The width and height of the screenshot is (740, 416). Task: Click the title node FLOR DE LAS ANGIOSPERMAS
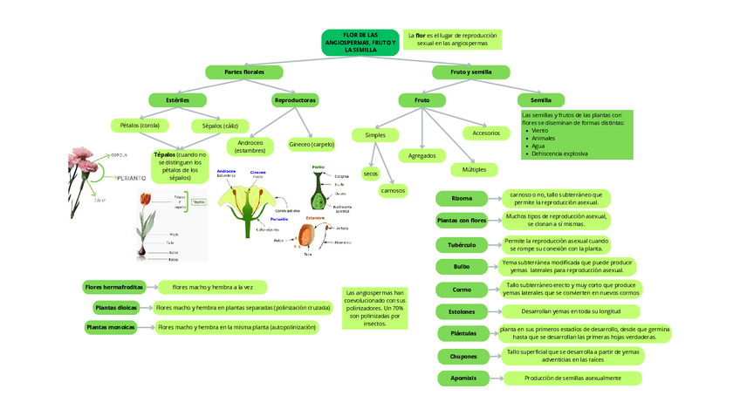coord(360,42)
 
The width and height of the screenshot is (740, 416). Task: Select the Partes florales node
coord(243,72)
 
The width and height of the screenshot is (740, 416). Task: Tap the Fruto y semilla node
coord(471,72)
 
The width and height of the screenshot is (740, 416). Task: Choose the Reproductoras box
coord(295,100)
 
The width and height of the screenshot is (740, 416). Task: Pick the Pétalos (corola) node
coord(140,126)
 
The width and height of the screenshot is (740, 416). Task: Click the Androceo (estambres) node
coord(250,146)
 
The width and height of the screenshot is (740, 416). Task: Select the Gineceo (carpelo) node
coord(311,144)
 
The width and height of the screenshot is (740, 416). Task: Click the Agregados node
coord(422,155)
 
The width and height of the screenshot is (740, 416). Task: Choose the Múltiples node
coord(475,168)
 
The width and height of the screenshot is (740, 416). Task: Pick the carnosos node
coord(393,190)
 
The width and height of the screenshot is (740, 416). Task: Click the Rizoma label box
coord(462,199)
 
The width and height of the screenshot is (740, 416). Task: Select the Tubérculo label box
coord(462,245)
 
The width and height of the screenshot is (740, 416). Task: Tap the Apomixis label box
coord(462,378)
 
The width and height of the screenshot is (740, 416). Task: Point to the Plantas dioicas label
coord(115,307)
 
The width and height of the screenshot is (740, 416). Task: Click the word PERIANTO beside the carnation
coord(130,178)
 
